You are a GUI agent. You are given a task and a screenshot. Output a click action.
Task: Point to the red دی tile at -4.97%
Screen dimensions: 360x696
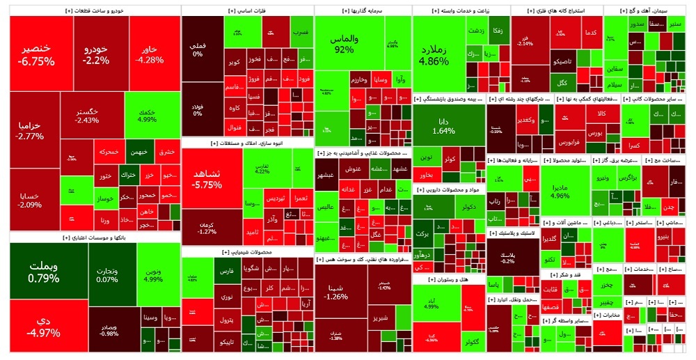click(43, 326)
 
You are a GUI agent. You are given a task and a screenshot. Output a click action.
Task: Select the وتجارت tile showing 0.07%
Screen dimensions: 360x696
click(107, 275)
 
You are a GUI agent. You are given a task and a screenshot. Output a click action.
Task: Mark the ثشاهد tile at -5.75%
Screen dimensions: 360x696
click(207, 179)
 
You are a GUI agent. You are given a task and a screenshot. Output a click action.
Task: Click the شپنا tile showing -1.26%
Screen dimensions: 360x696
click(336, 292)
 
